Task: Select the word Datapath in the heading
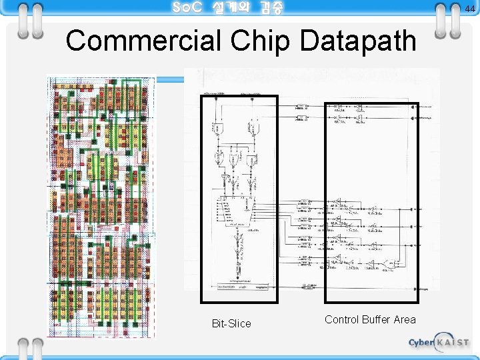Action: click(x=358, y=41)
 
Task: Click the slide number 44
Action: click(x=470, y=7)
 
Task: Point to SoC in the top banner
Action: click(x=186, y=8)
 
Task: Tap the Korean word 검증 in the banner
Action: click(x=271, y=8)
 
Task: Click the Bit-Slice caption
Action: click(x=231, y=324)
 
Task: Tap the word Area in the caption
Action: click(x=405, y=320)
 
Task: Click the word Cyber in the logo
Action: click(x=421, y=343)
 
